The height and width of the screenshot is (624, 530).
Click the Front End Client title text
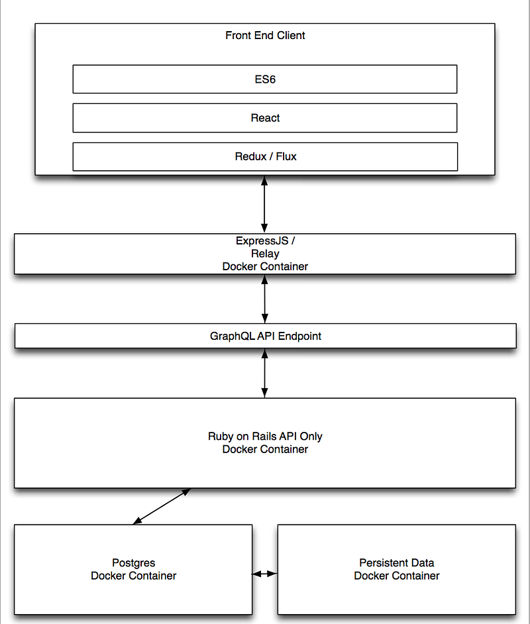[265, 35]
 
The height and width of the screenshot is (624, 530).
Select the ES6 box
[265, 79]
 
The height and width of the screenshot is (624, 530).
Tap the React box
[265, 118]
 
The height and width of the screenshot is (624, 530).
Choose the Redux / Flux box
[265, 156]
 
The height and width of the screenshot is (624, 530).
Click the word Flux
[286, 156]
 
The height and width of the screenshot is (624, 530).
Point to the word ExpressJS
[262, 241]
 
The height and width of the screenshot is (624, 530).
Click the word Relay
[265, 254]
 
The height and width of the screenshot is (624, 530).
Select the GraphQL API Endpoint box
[266, 336]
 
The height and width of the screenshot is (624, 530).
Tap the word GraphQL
[232, 337]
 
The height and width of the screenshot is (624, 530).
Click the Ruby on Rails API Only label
[265, 436]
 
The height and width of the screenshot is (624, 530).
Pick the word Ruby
[221, 436]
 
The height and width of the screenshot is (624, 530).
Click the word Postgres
[134, 562]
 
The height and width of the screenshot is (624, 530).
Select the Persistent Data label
[397, 562]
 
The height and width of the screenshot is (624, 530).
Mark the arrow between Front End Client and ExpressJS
[264, 204]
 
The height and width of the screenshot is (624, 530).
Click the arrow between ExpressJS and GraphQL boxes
[264, 299]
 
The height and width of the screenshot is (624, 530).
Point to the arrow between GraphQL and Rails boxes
[264, 373]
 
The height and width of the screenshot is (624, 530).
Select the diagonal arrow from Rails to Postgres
[162, 506]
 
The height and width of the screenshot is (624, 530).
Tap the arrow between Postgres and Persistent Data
[264, 574]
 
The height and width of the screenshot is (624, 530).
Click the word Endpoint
[299, 337]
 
